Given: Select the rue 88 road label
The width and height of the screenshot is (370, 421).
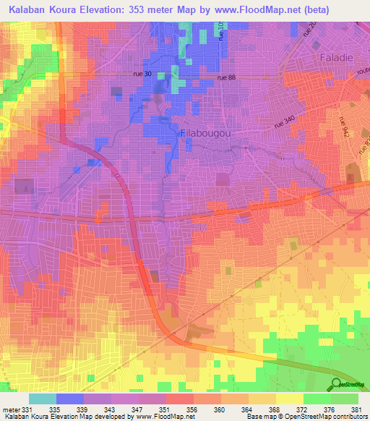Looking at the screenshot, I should pyautogui.click(x=228, y=79).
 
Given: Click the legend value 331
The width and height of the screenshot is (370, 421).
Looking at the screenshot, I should pyautogui.click(x=27, y=409).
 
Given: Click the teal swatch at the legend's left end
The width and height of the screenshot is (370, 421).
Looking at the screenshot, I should pyautogui.click(x=42, y=399).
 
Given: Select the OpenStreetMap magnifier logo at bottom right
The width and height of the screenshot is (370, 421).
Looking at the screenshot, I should pyautogui.click(x=337, y=384).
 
